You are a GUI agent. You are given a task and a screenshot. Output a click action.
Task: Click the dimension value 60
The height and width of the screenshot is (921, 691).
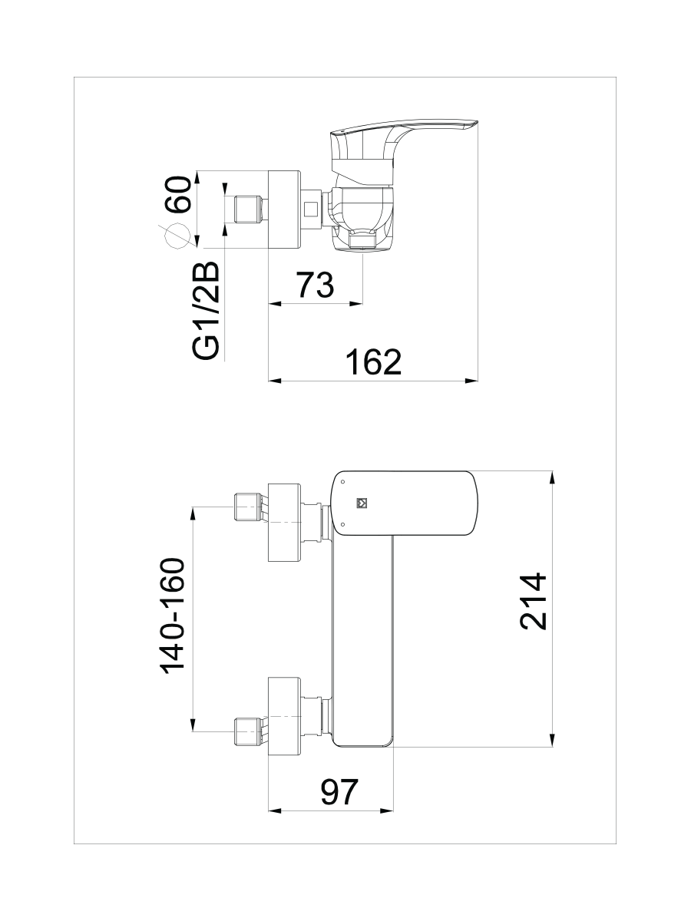(177, 194)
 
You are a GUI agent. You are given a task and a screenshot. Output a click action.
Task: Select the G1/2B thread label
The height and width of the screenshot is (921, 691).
(206, 311)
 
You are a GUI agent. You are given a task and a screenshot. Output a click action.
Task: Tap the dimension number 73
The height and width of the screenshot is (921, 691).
(315, 285)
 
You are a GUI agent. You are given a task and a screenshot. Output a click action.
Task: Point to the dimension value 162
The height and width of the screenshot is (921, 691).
(373, 362)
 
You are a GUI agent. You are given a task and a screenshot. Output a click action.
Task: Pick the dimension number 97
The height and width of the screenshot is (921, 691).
(339, 792)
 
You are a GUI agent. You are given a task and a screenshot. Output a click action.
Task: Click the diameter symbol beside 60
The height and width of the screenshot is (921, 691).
(177, 236)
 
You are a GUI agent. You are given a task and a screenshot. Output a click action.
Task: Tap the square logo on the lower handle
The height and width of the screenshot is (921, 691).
(362, 503)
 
